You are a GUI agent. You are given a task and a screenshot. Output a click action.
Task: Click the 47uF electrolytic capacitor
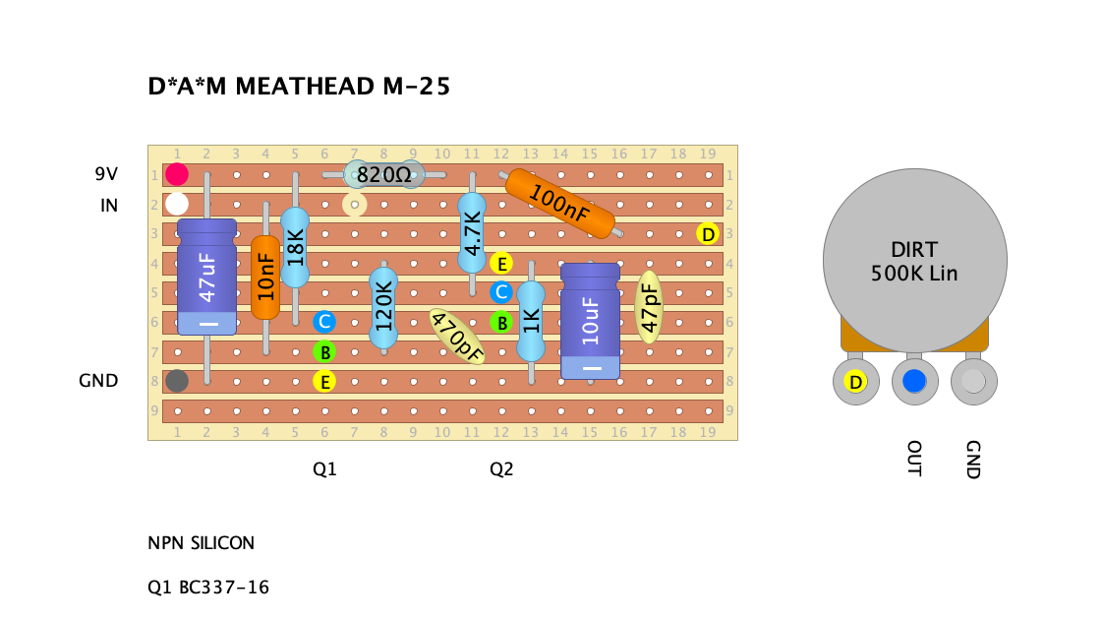(x=206, y=277)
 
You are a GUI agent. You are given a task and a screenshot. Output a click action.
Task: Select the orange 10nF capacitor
(x=265, y=277)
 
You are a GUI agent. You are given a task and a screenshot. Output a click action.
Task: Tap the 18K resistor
(x=295, y=247)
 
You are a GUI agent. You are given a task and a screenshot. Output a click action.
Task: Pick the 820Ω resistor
(x=382, y=175)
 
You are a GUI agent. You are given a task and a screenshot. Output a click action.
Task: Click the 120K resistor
(x=383, y=307)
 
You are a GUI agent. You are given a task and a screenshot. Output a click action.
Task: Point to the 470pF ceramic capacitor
(x=457, y=337)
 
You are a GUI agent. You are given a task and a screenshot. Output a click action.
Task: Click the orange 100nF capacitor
(x=559, y=204)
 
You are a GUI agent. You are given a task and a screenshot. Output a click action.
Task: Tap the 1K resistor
(x=531, y=321)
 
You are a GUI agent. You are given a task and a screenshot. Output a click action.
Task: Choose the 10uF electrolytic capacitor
(x=590, y=320)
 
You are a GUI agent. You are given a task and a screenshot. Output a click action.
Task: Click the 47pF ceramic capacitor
(x=649, y=307)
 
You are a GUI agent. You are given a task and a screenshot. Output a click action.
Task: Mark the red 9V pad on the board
(x=177, y=175)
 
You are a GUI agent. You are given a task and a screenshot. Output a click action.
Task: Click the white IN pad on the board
(x=177, y=204)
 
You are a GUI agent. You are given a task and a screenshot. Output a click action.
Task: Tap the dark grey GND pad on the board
(x=177, y=380)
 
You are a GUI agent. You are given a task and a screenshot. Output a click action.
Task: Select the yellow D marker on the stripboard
(x=707, y=234)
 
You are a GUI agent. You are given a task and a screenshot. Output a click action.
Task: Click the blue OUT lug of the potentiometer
(x=914, y=382)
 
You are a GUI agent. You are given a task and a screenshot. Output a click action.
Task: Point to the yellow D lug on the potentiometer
(x=855, y=382)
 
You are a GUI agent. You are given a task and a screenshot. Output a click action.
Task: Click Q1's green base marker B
(x=323, y=351)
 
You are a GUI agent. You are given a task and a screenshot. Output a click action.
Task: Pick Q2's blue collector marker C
(x=500, y=292)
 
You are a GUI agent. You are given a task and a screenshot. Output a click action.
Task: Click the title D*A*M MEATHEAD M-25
(x=299, y=88)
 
